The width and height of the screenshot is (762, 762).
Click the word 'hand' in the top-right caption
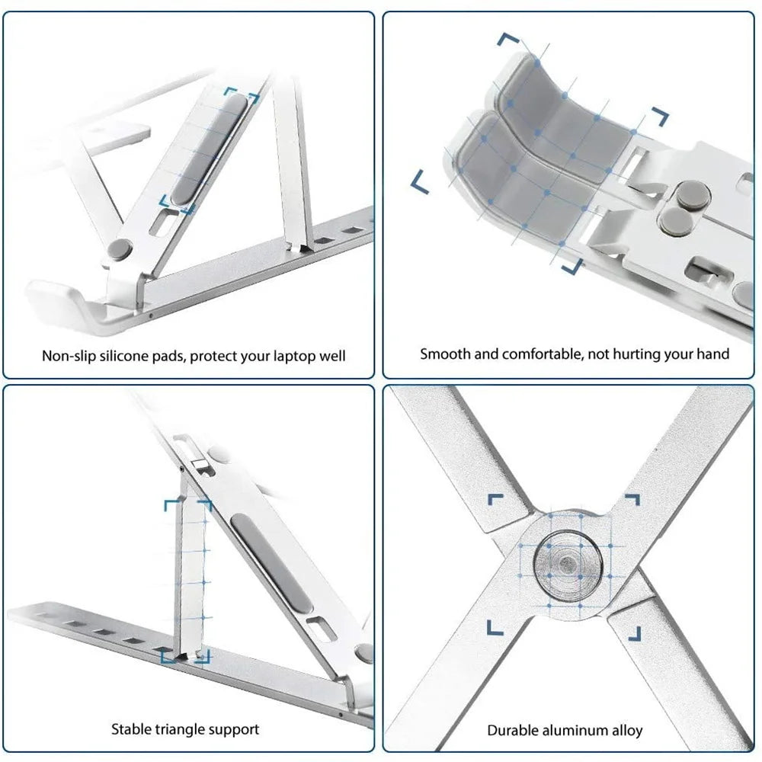click(x=713, y=354)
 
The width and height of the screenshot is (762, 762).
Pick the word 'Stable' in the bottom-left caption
click(x=131, y=729)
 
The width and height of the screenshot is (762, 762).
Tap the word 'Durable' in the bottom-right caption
click(x=513, y=730)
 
